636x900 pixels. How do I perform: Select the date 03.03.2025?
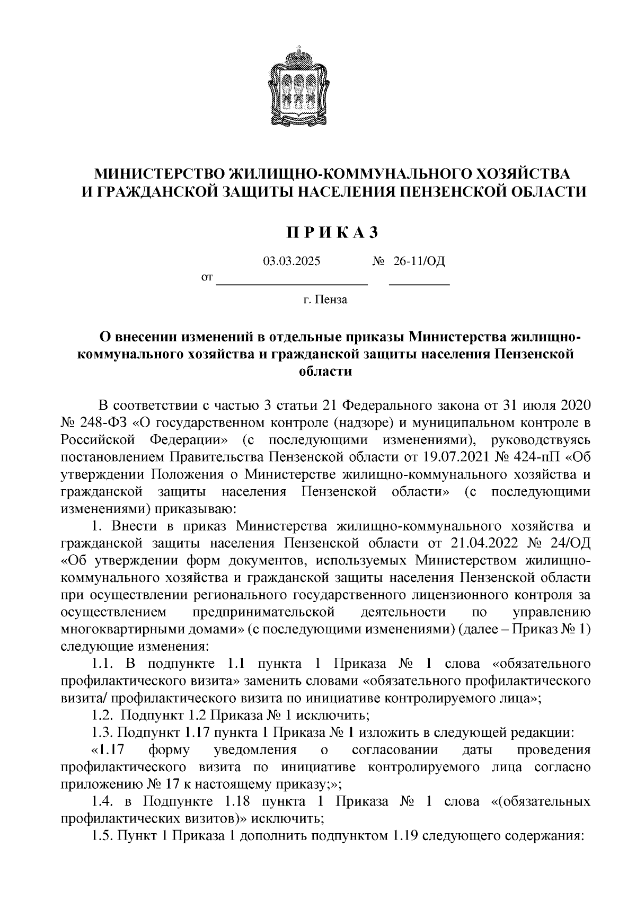point(292,261)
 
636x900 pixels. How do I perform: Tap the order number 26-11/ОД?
point(419,261)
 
